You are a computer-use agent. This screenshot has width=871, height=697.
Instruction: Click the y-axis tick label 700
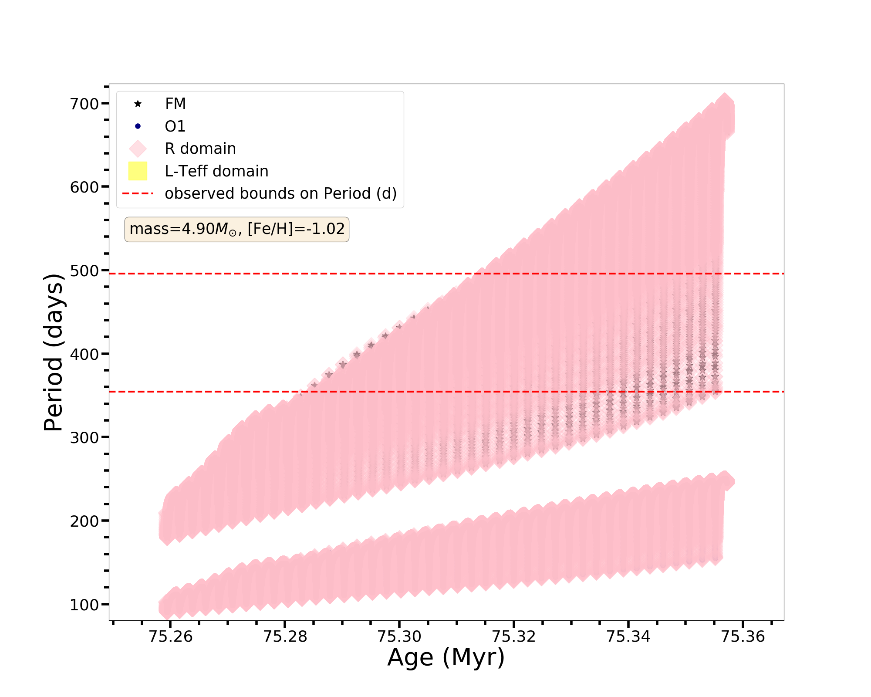tap(84, 104)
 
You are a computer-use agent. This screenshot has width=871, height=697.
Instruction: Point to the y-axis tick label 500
tap(84, 271)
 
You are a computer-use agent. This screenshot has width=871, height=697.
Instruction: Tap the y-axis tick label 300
tap(84, 438)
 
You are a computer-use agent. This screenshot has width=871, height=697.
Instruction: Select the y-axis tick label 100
tap(84, 605)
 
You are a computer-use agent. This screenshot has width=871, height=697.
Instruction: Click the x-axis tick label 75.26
tap(170, 637)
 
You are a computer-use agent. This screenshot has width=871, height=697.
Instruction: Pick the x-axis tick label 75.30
tap(399, 637)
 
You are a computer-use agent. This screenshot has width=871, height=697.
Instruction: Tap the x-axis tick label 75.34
tap(628, 637)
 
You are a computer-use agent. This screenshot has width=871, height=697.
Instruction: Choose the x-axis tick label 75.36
tap(743, 637)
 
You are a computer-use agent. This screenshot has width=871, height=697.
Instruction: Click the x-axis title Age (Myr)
tap(446, 657)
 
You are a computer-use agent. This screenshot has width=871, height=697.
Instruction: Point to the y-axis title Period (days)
tap(54, 352)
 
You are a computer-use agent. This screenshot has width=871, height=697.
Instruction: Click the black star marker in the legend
tap(138, 104)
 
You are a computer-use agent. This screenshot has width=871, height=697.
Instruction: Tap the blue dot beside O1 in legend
tap(138, 126)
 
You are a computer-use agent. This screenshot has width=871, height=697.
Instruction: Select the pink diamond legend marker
tap(138, 149)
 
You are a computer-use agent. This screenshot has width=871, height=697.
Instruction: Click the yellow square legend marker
tap(138, 171)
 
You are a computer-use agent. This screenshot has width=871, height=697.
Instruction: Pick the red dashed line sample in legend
tap(138, 193)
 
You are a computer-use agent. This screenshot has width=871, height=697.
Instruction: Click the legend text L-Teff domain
tap(216, 171)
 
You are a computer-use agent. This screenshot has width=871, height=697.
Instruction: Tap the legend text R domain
tap(200, 149)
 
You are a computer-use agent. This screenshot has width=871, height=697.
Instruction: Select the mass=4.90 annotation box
tap(237, 229)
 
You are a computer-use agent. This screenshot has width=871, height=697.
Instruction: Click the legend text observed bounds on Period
tap(280, 193)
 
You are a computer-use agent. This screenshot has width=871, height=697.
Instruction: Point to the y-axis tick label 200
tap(84, 521)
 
